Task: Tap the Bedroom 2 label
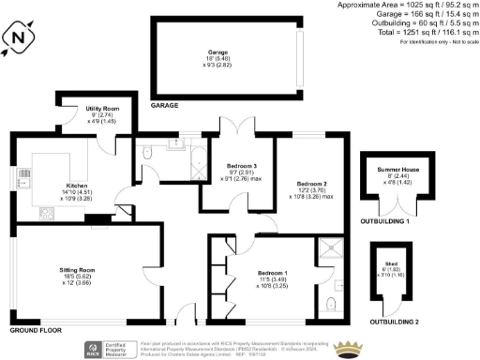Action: click(x=311, y=183)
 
